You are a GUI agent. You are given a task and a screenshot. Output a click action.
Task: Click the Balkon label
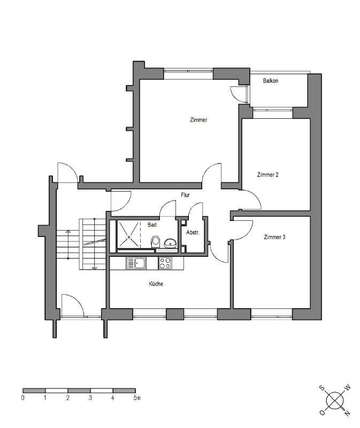[x=271, y=81]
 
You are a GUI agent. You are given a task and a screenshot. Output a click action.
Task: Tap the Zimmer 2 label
[x=267, y=174]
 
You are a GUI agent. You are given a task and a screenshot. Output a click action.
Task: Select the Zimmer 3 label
[x=274, y=236]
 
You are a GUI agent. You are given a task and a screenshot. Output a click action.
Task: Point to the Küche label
[x=156, y=284]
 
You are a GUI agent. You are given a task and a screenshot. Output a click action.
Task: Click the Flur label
[x=186, y=195]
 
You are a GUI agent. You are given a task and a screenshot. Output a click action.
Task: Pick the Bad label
[x=151, y=225]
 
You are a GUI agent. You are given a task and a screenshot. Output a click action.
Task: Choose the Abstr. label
[x=193, y=233]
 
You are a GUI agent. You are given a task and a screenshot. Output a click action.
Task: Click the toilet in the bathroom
[x=156, y=241]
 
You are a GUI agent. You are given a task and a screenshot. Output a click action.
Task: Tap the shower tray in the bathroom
[x=128, y=234]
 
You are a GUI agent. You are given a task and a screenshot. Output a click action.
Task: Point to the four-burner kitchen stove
[x=165, y=263]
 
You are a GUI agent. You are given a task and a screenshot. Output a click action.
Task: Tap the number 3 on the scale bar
[x=90, y=398]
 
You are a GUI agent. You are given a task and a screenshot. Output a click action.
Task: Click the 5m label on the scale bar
[x=137, y=398]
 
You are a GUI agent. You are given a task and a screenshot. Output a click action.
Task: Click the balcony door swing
[x=236, y=93]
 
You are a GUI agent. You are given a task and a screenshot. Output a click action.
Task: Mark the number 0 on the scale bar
[x=23, y=398]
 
